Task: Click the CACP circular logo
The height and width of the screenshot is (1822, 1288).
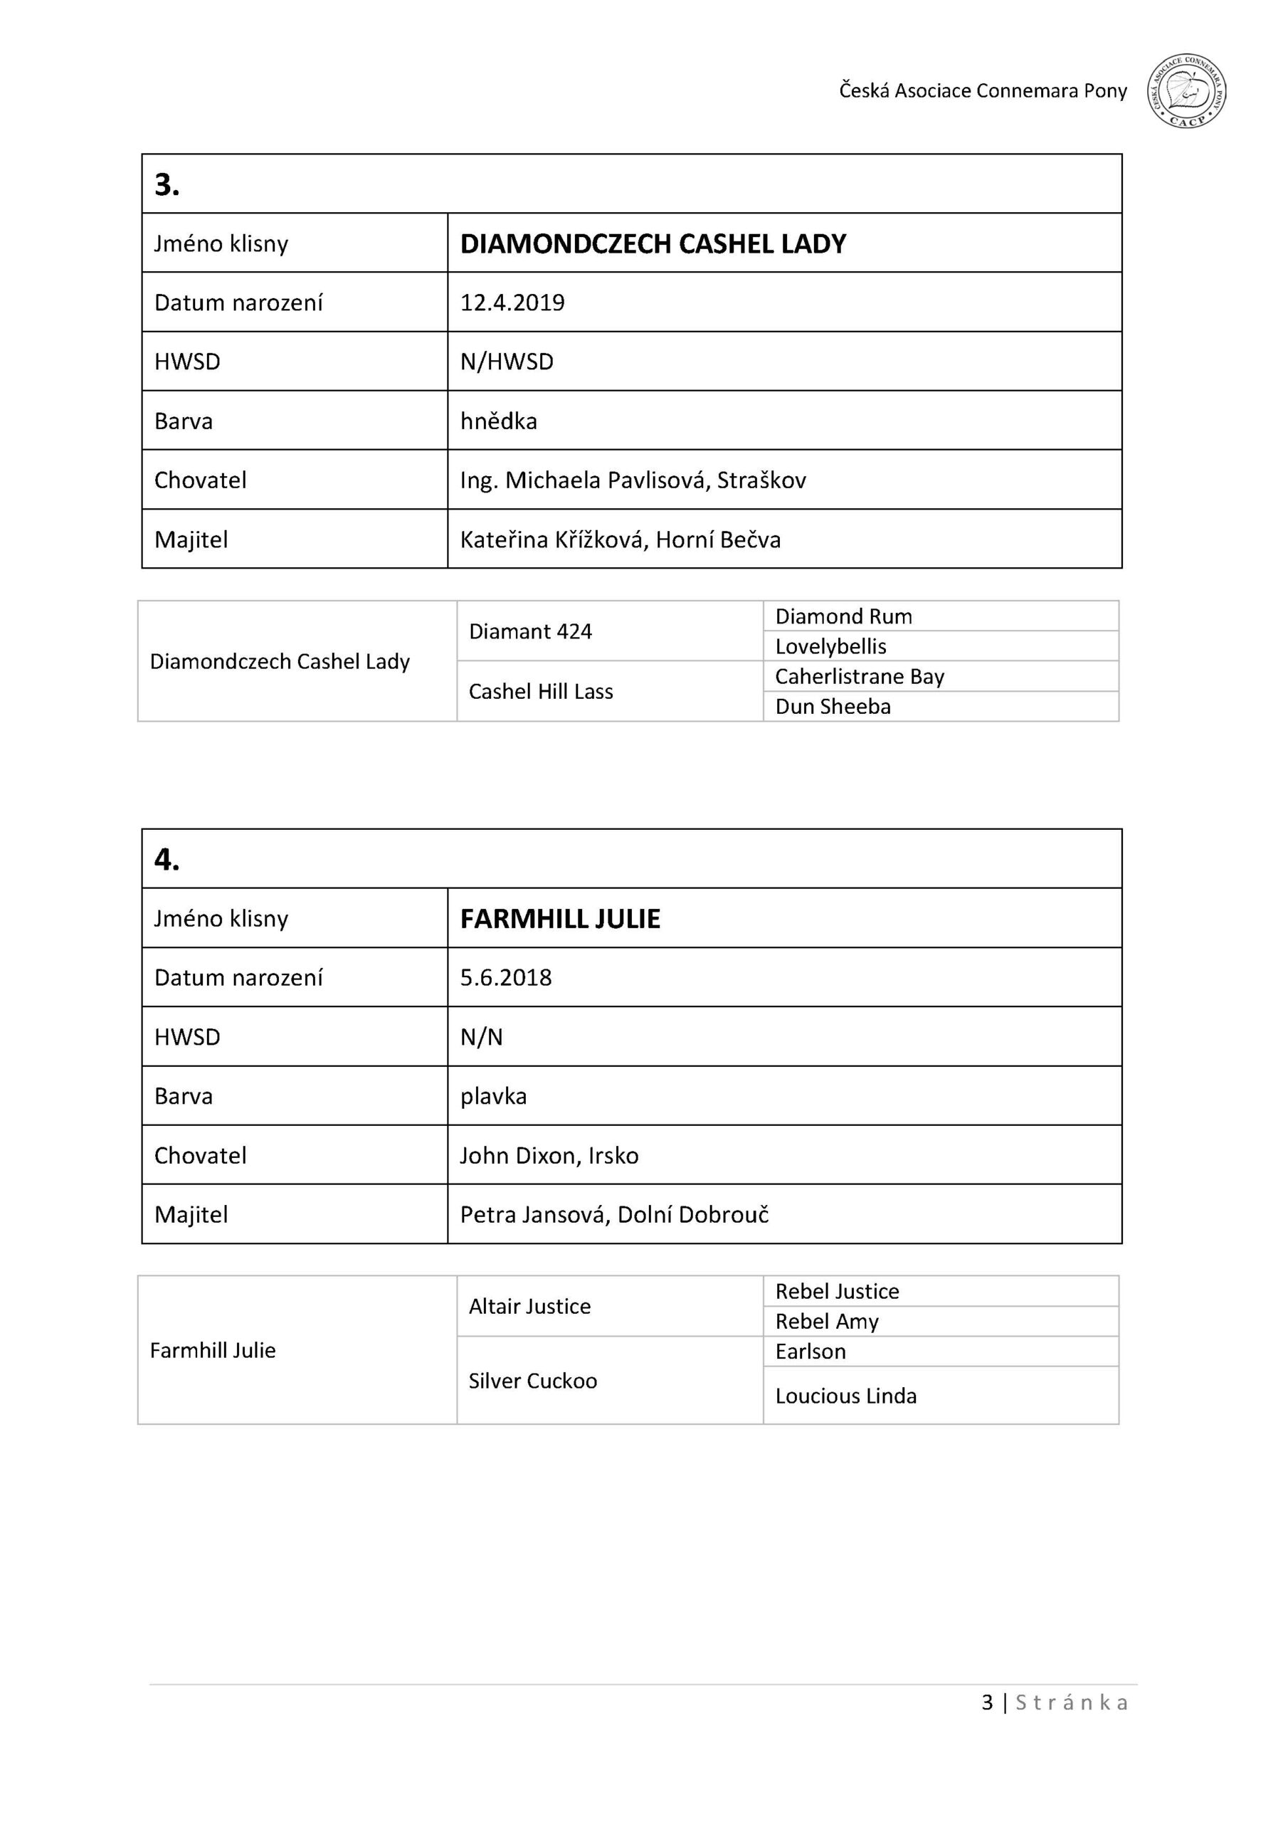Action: [x=1186, y=91]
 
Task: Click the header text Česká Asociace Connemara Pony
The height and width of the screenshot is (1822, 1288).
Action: [x=983, y=91]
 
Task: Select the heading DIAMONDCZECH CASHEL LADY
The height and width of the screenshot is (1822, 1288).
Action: [x=653, y=243]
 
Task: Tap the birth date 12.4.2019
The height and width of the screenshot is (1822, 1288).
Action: [x=512, y=302]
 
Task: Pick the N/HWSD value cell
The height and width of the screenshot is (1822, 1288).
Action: [x=507, y=362]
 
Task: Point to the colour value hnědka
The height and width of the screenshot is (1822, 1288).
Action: [x=498, y=421]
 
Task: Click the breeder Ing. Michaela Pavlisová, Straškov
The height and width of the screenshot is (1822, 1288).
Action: [x=633, y=480]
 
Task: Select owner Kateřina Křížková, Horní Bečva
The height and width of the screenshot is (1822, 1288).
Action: [x=620, y=539]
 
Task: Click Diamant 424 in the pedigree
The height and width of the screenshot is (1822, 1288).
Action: [x=530, y=632]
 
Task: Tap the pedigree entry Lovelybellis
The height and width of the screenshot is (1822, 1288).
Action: [x=830, y=646]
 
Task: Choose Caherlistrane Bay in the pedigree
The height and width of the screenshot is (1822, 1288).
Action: [x=860, y=676]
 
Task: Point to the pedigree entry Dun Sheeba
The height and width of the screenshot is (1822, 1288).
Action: [x=833, y=706]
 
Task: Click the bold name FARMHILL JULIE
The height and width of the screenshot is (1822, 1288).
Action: [x=560, y=919]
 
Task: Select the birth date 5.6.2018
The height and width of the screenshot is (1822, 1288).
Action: [x=505, y=978]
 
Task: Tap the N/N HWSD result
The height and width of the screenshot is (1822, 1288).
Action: [x=481, y=1037]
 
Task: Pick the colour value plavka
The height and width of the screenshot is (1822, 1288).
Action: [x=493, y=1097]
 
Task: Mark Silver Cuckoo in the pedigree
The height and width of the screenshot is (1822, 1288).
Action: [x=532, y=1381]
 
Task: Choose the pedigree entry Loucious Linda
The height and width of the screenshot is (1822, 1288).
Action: [x=845, y=1396]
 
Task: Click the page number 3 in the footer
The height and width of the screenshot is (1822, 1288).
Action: [x=987, y=1702]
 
